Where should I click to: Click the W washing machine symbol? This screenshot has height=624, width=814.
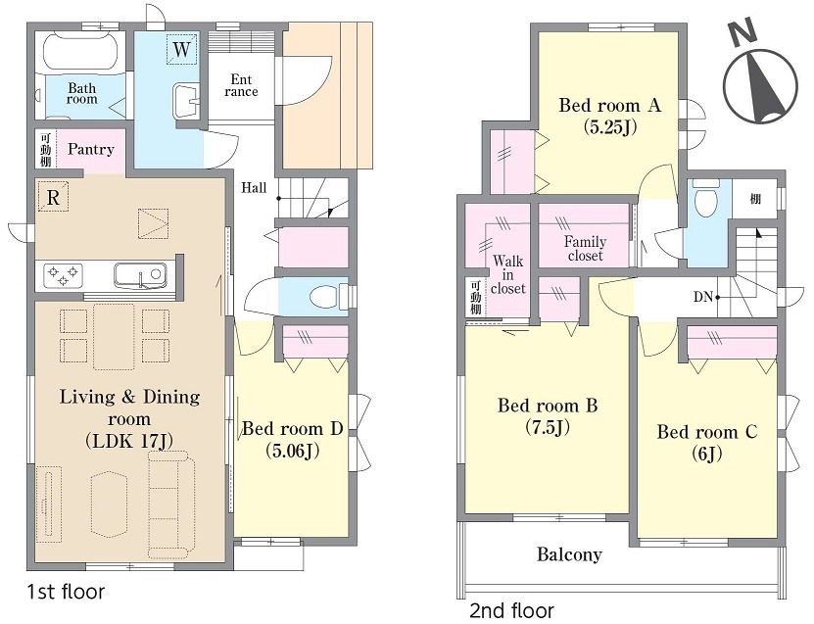point(181,49)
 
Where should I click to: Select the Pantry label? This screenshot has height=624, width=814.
point(91,150)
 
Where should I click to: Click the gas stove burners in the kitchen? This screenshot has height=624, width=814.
point(63,275)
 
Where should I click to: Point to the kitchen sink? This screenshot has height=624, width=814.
point(141,274)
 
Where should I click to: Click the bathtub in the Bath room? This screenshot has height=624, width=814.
point(81,53)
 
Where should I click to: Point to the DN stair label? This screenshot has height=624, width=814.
point(703,297)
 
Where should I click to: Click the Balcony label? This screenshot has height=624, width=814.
point(569,555)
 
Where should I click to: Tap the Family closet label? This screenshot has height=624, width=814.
point(585,249)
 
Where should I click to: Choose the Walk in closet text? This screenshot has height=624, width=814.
point(507,274)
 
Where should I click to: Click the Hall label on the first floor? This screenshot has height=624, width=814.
point(254,188)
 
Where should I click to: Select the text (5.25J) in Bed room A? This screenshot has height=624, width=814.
point(610,126)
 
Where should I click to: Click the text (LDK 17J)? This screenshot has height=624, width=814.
point(129,441)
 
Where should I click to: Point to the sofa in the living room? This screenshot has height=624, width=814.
point(170,504)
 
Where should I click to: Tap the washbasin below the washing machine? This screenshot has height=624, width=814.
point(186,100)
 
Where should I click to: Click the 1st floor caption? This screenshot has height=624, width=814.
point(66,592)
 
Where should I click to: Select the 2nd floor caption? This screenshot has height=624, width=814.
point(511,610)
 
